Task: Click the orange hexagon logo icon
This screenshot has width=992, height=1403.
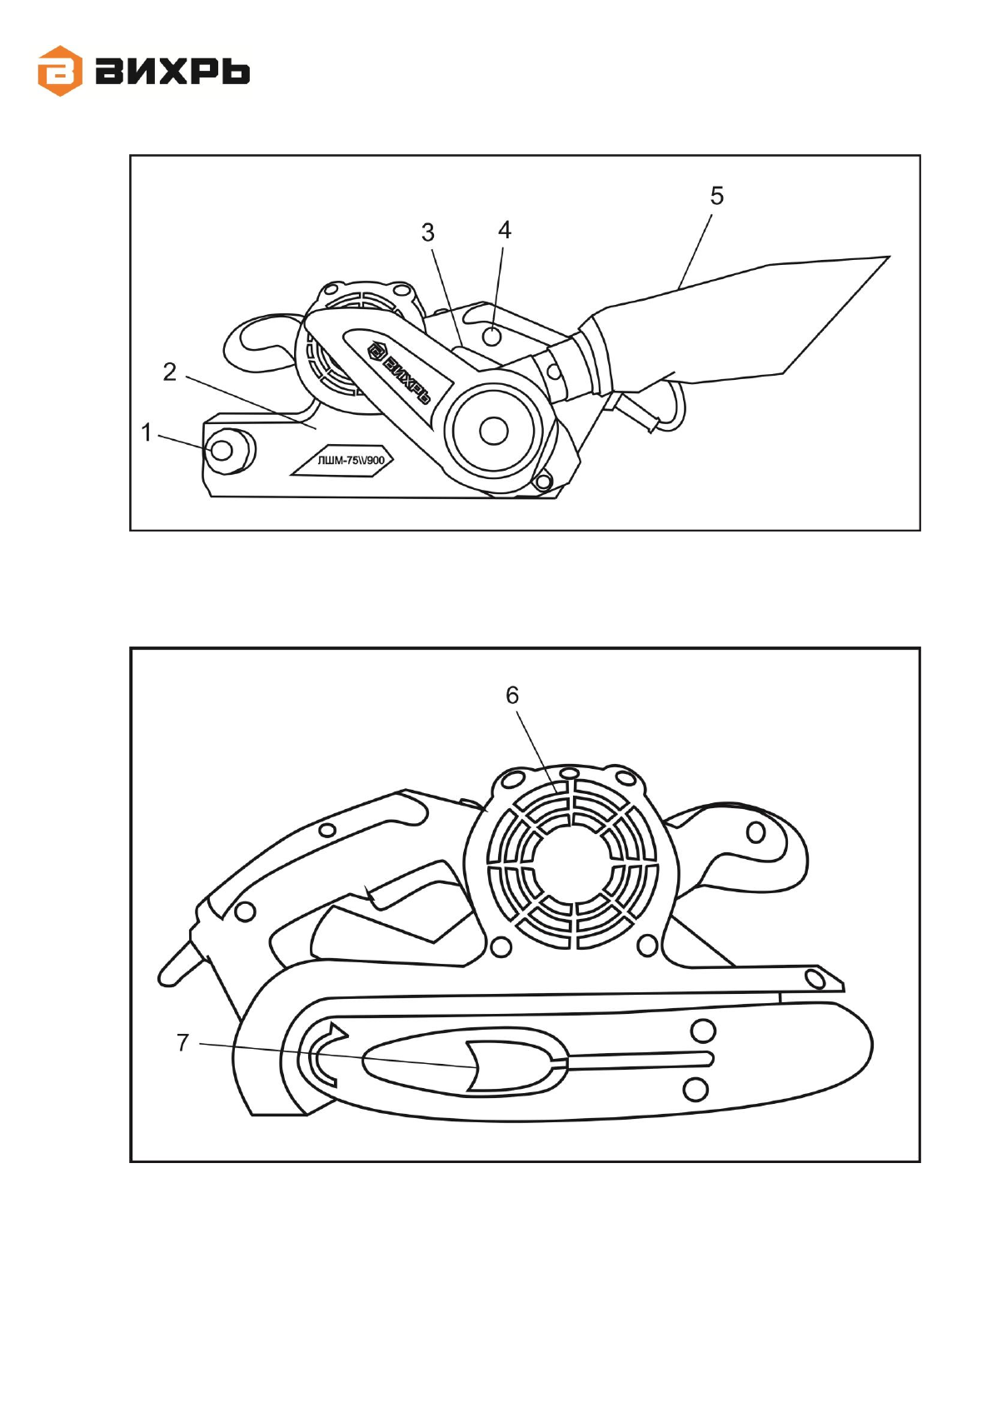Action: [x=60, y=72]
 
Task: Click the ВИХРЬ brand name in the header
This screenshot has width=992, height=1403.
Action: [x=172, y=72]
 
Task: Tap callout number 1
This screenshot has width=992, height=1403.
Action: [x=147, y=433]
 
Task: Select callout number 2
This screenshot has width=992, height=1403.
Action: [x=170, y=372]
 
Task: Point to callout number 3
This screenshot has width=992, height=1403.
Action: [x=427, y=233]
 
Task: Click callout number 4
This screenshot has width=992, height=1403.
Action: [x=504, y=231]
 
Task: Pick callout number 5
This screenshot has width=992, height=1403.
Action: [x=716, y=197]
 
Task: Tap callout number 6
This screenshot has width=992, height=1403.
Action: [x=512, y=696]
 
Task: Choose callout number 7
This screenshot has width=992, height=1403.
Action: [x=183, y=1043]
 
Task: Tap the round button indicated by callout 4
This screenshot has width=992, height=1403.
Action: [x=492, y=337]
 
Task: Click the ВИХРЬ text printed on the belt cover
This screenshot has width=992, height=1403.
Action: [x=401, y=372]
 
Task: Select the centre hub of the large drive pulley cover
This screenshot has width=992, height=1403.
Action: [x=493, y=431]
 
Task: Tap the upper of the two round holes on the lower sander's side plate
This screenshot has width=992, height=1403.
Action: [x=703, y=1031]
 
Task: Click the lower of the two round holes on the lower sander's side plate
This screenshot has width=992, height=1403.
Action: [x=695, y=1089]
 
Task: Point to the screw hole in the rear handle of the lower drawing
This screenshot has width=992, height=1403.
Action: [x=755, y=832]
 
